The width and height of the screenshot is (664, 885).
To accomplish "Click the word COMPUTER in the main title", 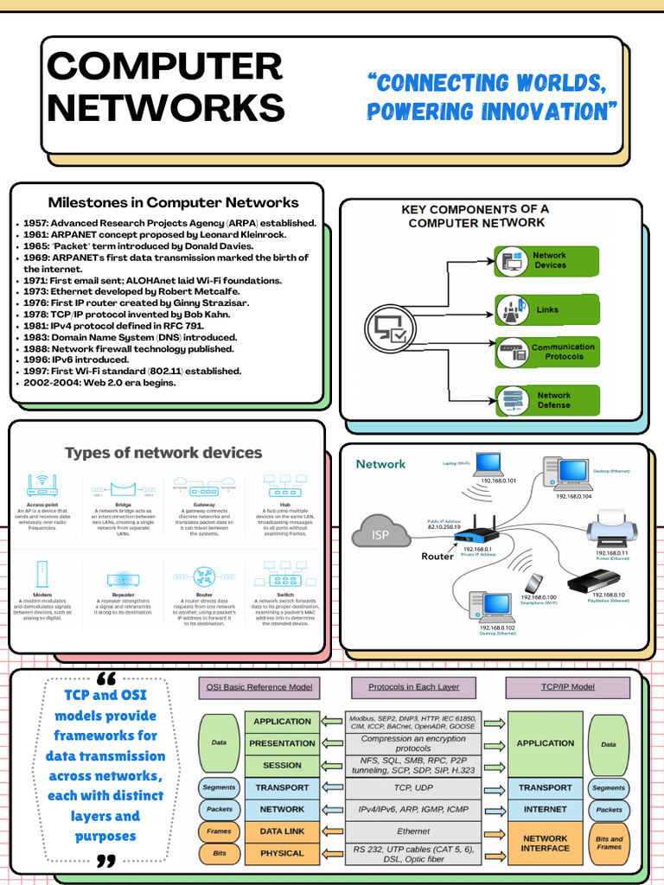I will point(164,67).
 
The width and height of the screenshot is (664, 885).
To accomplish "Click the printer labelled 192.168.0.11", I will point(611,527).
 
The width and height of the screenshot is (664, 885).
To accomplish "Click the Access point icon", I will point(42,486).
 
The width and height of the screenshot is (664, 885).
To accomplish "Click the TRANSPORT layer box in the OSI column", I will point(282,787).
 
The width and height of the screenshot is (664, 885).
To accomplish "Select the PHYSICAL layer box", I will point(282,853).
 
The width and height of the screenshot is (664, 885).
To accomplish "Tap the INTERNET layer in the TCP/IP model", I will point(545,810).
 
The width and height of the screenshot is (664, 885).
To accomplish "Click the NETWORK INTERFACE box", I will point(545,844).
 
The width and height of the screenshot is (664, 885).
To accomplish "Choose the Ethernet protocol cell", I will point(412,831).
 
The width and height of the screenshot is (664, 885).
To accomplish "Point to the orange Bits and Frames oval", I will point(609,844).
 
